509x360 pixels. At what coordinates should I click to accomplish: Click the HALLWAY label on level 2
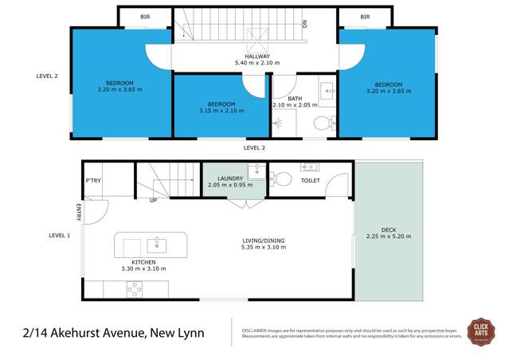[x=253, y=55]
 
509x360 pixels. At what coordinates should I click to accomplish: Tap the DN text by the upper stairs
[x=304, y=24]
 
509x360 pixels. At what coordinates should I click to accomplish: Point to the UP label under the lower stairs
[x=153, y=200]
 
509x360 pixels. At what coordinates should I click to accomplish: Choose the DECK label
[x=388, y=229]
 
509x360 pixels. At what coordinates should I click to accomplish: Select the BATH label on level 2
[x=295, y=98]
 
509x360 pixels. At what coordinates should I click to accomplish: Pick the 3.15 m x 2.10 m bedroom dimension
[x=221, y=111]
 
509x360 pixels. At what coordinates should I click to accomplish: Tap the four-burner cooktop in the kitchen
[x=134, y=289]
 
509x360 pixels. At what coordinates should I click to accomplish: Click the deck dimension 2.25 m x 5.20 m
[x=388, y=237]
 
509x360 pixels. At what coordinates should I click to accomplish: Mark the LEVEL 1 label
[x=59, y=235]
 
